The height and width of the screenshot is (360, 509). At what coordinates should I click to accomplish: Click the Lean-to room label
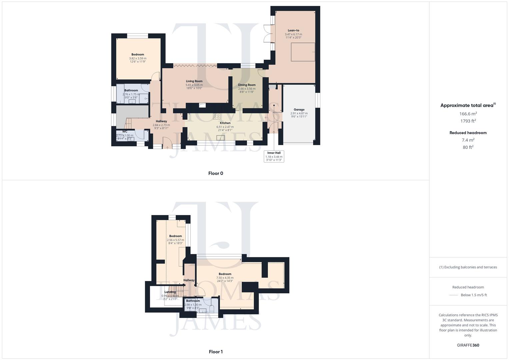293,30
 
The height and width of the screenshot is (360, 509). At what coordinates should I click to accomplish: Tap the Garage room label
299,109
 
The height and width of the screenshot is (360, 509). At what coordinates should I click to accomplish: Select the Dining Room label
247,85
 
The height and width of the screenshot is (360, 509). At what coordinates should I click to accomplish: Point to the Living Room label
194,81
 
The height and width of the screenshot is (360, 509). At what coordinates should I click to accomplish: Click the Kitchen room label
225,123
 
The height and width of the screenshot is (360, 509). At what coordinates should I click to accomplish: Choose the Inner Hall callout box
274,156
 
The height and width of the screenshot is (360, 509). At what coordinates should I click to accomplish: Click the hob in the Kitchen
217,116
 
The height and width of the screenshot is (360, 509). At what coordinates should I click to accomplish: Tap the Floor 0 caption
216,173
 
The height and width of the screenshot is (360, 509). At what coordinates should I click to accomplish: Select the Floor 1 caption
216,352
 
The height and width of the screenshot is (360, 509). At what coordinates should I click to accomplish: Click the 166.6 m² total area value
468,114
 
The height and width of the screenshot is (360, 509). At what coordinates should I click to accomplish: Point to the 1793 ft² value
468,121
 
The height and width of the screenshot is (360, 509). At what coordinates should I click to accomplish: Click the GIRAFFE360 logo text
468,345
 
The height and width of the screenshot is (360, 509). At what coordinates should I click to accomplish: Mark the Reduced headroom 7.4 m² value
468,140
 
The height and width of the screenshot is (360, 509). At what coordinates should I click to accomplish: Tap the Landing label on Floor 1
170,292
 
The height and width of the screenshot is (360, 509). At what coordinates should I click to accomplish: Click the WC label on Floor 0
125,132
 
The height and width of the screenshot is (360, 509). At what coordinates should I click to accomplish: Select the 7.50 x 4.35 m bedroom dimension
225,278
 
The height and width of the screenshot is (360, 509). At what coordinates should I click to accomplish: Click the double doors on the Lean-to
268,34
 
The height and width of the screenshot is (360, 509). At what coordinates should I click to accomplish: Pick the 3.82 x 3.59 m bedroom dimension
138,58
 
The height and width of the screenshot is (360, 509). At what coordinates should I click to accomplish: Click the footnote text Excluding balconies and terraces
468,267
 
